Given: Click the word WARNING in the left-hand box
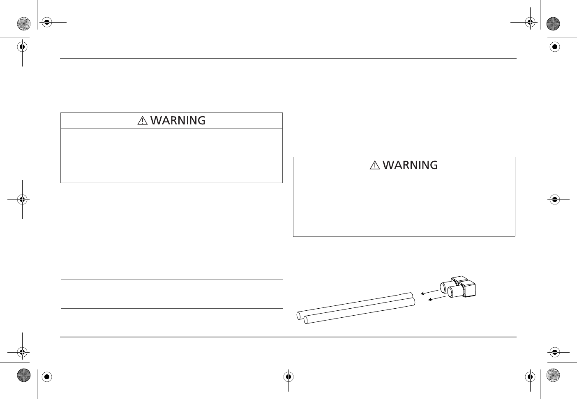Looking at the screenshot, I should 178,121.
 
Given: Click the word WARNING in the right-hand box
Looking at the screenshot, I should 410,165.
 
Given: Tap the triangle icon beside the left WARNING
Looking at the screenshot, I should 142,121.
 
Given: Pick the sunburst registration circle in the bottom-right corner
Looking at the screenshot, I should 553,375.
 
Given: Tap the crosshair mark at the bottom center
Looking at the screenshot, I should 288,376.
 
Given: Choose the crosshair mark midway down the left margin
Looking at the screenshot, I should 23,199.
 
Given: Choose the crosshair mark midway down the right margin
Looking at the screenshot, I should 554,199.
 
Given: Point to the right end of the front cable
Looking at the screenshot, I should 412,302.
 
